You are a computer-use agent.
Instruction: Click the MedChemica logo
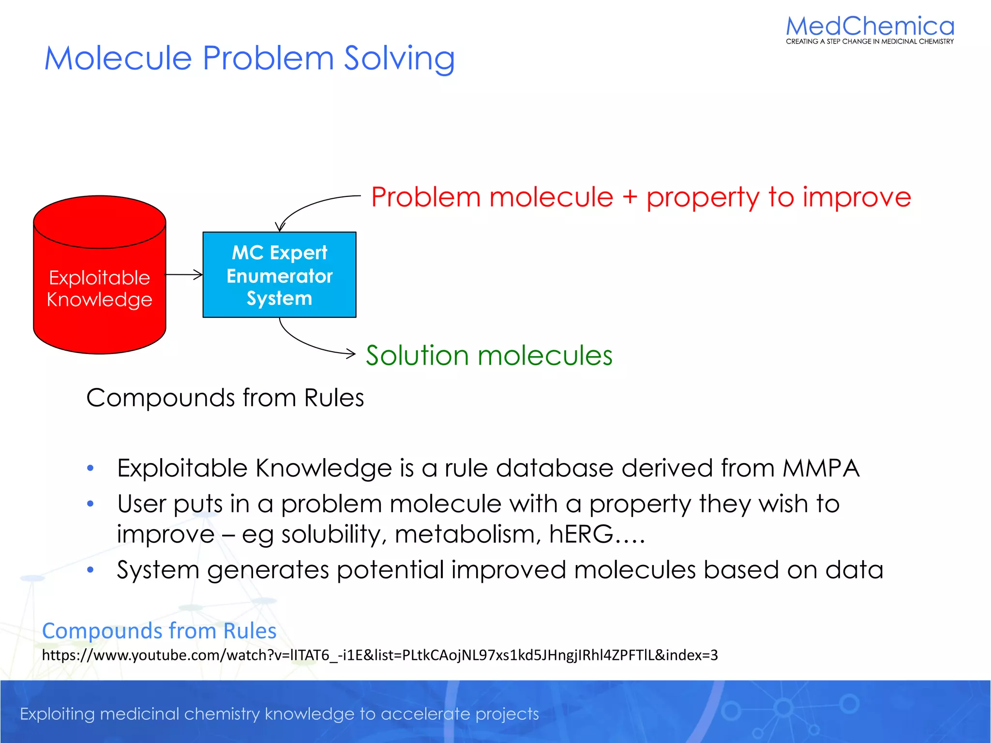(870, 27)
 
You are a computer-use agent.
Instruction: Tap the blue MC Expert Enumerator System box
(279, 275)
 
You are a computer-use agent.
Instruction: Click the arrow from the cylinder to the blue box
(184, 275)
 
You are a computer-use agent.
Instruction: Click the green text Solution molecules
(489, 356)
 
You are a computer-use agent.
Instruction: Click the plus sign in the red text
(630, 197)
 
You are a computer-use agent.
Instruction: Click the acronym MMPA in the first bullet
(821, 468)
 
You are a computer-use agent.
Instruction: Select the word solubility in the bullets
(334, 535)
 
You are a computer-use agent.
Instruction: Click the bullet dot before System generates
(90, 570)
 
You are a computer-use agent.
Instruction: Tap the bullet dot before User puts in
(90, 504)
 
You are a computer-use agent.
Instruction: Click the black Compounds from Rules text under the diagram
(225, 398)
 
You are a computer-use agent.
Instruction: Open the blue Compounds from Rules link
(159, 631)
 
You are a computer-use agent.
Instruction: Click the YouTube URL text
(380, 655)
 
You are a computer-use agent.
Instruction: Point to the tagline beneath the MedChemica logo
(870, 42)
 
